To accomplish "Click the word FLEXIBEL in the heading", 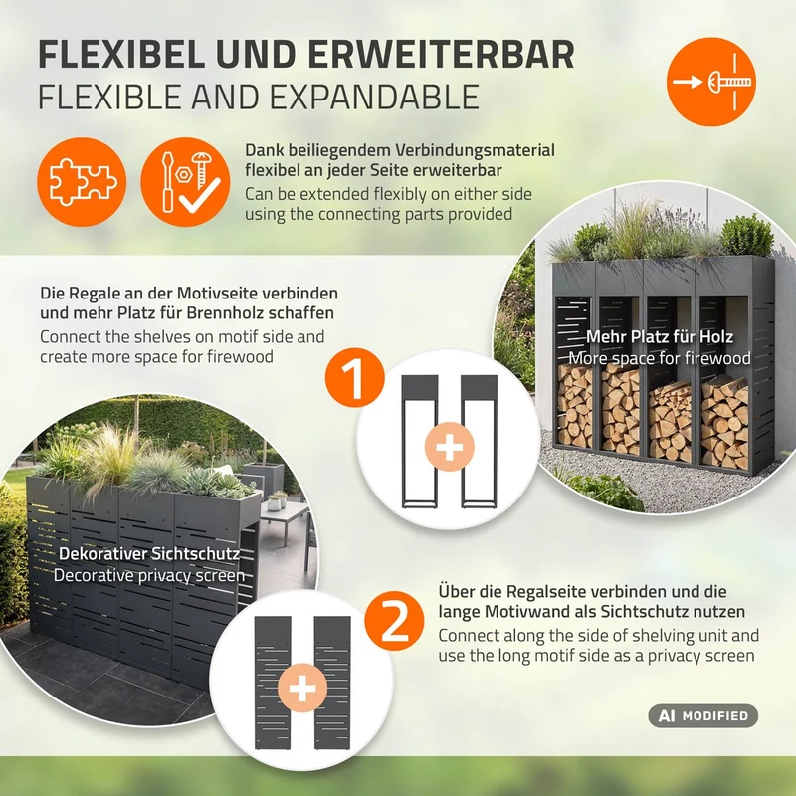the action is tap(121, 54).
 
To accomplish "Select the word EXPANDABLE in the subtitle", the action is tap(375, 97).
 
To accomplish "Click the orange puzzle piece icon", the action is tap(82, 182).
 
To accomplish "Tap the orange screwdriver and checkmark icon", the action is tap(185, 182).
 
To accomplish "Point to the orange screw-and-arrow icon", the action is tap(711, 82).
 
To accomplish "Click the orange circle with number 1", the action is tap(355, 378).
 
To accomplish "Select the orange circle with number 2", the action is tap(394, 621).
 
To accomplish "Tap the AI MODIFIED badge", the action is tap(703, 715).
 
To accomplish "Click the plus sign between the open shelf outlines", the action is tap(450, 447).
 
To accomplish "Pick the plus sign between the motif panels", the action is tap(302, 688).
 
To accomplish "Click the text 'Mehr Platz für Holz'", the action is tap(660, 336).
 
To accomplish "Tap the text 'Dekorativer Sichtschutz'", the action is tap(149, 553).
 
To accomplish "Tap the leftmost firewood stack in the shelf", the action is tap(575, 406).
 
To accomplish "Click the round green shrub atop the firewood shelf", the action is tap(747, 236).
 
